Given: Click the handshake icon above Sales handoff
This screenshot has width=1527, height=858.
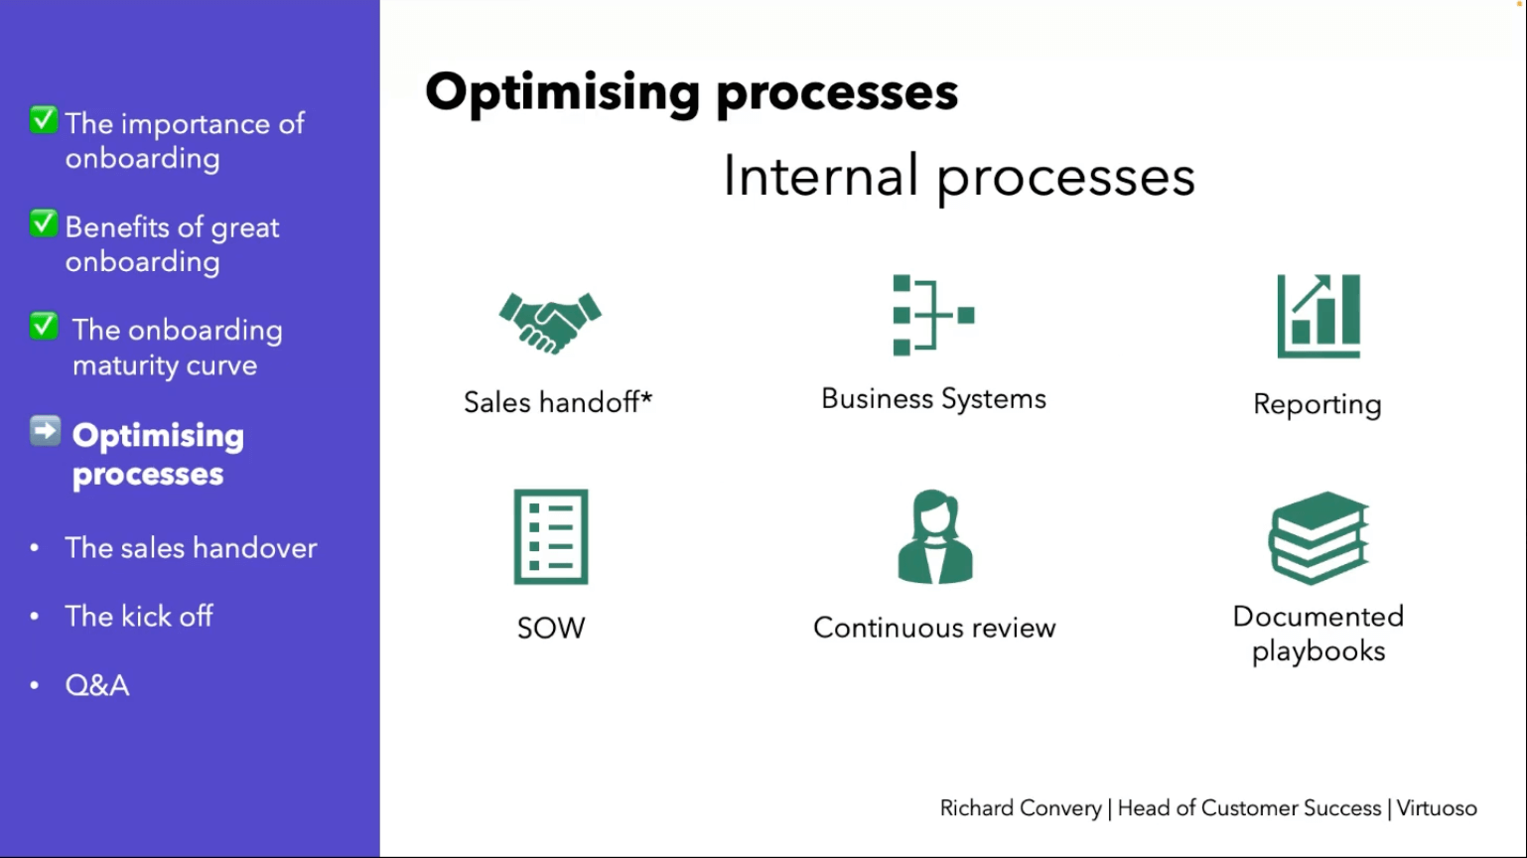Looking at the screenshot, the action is pos(550,323).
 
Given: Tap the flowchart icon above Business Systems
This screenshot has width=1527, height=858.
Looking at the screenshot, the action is pos(934,315).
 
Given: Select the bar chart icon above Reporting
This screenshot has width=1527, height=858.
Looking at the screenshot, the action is pos(1319,316).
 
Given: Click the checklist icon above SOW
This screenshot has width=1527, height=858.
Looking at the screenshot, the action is pos(551,537).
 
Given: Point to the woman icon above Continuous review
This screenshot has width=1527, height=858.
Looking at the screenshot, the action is pos(935,537).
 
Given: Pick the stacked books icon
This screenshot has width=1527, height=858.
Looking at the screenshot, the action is pos(1319,537).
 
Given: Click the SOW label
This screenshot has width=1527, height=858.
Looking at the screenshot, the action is pos(551,629).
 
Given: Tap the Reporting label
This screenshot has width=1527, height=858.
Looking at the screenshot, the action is pos(1318,404).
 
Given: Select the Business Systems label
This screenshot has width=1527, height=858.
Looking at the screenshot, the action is pos(933,399).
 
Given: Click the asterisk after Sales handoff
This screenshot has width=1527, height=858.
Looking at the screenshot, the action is pos(646,396).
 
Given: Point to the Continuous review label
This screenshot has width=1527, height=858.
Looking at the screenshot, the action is pos(934,628).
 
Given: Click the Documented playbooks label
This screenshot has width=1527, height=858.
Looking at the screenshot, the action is pos(1319,634).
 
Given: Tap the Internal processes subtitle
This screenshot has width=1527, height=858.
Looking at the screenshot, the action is pos(959,177).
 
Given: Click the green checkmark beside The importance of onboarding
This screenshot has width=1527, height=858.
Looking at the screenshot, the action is pos(44,120).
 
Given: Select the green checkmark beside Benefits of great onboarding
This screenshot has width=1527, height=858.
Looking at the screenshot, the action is pos(44,223).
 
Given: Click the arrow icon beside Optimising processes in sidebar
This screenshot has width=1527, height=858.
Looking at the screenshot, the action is pos(45,431).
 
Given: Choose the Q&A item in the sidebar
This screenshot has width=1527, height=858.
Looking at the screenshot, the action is pos(96,685).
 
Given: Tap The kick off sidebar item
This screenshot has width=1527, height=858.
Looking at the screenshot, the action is pos(139,617).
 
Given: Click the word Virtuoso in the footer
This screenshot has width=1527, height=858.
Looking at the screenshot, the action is pos(1437,808).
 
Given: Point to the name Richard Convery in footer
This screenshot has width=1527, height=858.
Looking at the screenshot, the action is pos(1021,808).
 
